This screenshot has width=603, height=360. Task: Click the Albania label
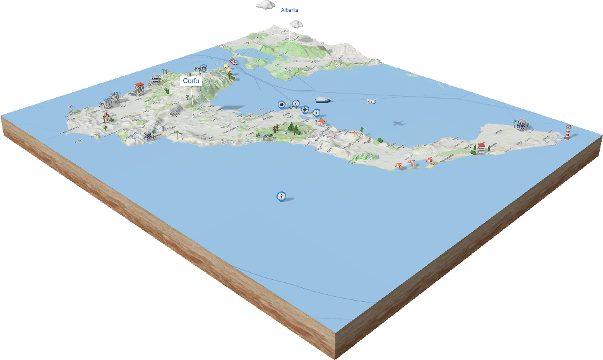[290, 10]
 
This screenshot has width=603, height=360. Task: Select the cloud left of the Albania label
[266, 4]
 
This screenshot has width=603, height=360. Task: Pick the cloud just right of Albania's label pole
[296, 24]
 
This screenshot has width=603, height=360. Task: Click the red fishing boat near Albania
[234, 62]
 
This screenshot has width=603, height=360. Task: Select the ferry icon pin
[281, 104]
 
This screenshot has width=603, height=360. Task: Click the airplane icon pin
[305, 110]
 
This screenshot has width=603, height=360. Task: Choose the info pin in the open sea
[281, 196]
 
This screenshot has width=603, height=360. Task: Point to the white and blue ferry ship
[323, 100]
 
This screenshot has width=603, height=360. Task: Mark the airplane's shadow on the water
[398, 123]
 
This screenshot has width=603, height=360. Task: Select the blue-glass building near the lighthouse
[521, 124]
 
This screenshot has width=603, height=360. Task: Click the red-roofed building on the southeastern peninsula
[482, 148]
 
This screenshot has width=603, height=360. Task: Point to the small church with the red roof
[140, 87]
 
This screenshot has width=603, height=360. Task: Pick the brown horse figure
[276, 130]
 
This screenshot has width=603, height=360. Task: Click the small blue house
[148, 135]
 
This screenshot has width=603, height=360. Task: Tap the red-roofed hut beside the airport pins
[321, 121]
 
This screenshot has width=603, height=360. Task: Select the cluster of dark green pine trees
[292, 128]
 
